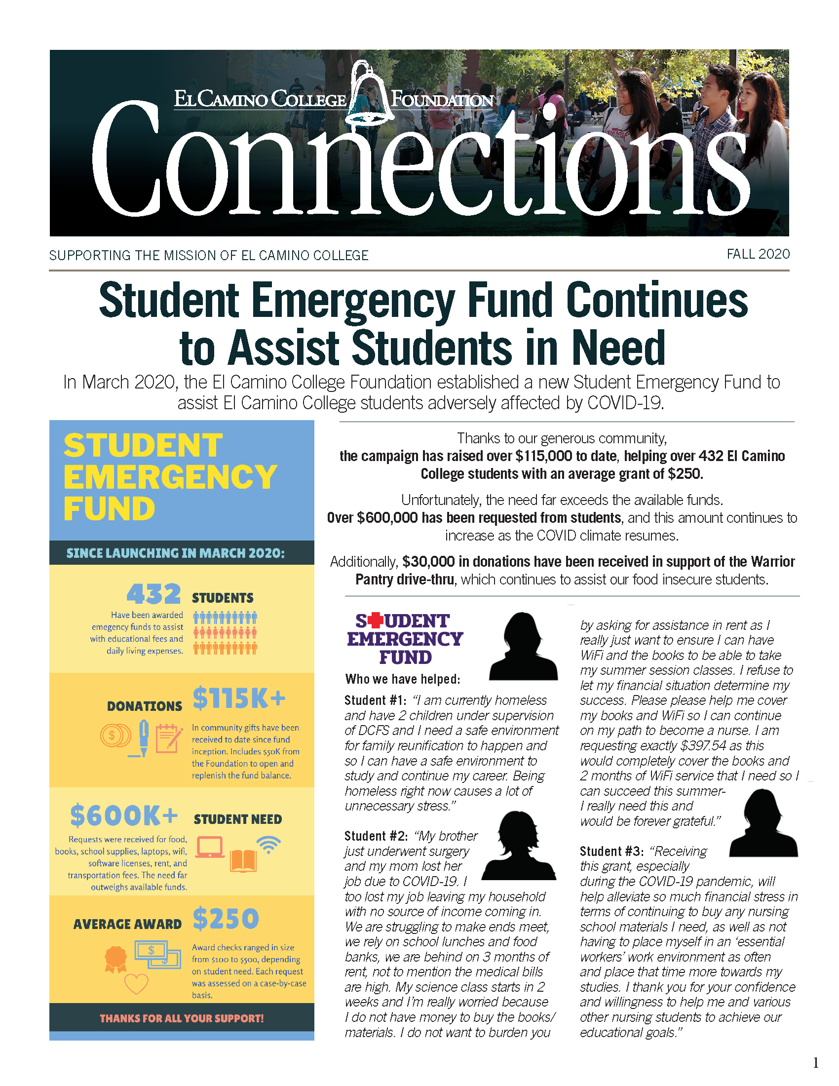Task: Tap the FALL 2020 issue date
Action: (x=758, y=254)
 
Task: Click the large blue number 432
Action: (x=153, y=594)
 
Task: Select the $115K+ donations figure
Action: (x=239, y=698)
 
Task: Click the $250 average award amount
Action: (x=226, y=918)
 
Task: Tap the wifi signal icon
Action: (x=268, y=844)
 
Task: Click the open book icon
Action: (x=243, y=861)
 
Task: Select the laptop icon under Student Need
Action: (x=209, y=847)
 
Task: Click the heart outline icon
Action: (x=136, y=983)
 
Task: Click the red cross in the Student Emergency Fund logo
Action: (x=376, y=621)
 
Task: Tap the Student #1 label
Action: (x=375, y=700)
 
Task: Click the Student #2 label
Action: (x=376, y=836)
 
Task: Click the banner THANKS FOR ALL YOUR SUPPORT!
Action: (x=182, y=1018)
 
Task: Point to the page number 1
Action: (x=815, y=1063)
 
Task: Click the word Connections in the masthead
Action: (x=420, y=159)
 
